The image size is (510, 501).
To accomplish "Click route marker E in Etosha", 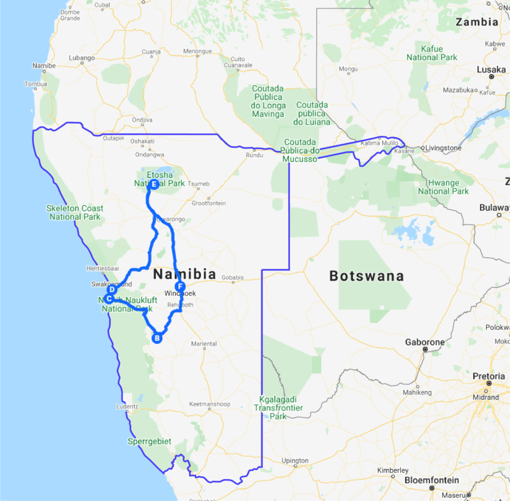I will pos(154,185).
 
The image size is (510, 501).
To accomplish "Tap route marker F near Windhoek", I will pos(180,287).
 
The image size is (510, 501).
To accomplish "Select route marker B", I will pos(157,338).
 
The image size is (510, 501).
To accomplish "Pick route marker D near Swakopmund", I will pos(112,289).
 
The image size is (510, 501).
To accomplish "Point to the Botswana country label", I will pos(366,276).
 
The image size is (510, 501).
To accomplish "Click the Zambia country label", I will pos(477,22).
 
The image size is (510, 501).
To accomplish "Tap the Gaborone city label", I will pos(425,342).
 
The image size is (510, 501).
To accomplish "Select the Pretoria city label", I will pos(489,376).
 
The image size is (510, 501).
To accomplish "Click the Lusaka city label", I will pos(491,70).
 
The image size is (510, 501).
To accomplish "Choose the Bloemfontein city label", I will pos(432,481).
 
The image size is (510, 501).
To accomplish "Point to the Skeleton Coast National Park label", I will pos(75,212).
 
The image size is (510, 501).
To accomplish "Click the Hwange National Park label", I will pos(443,187).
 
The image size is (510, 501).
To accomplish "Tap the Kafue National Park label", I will pos(432,53).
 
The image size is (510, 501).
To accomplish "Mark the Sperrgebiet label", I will pos(149,442).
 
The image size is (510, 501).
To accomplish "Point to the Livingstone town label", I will pos(444,148).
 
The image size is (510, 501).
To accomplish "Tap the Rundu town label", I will pos(254,155).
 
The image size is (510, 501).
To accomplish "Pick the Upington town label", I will pos(295,461).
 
